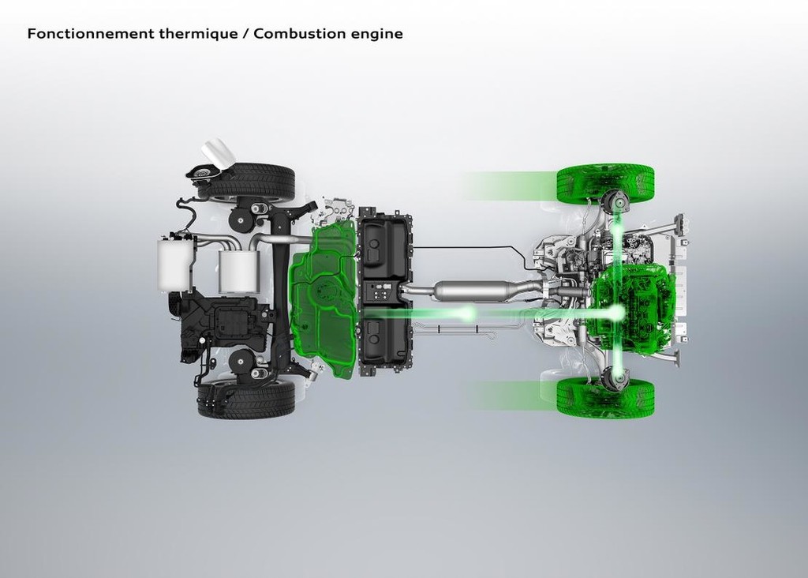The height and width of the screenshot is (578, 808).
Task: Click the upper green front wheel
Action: (x=605, y=185)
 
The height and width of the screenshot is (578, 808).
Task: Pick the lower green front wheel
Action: (x=605, y=397)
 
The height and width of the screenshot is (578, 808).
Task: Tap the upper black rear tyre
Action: (x=246, y=182)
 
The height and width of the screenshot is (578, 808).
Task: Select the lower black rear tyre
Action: (x=246, y=399)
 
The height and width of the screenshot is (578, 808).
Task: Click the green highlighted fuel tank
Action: (x=324, y=300)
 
